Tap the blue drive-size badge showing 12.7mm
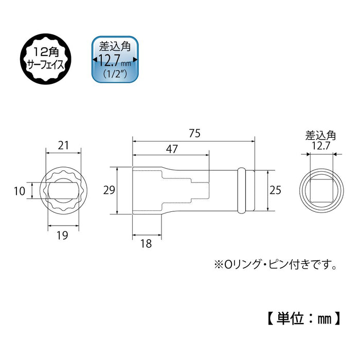pyautogui.click(x=115, y=59)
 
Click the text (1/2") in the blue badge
pyautogui.click(x=115, y=74)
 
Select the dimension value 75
pyautogui.click(x=193, y=133)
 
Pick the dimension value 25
pyautogui.click(x=276, y=191)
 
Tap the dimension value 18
pyautogui.click(x=146, y=244)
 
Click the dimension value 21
pyautogui.click(x=63, y=146)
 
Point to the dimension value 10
pyautogui.click(x=19, y=191)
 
